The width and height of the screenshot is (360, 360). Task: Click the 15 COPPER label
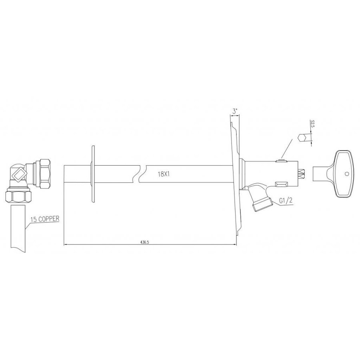click(44, 219)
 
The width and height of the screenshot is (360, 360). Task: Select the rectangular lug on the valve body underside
click(281, 184)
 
